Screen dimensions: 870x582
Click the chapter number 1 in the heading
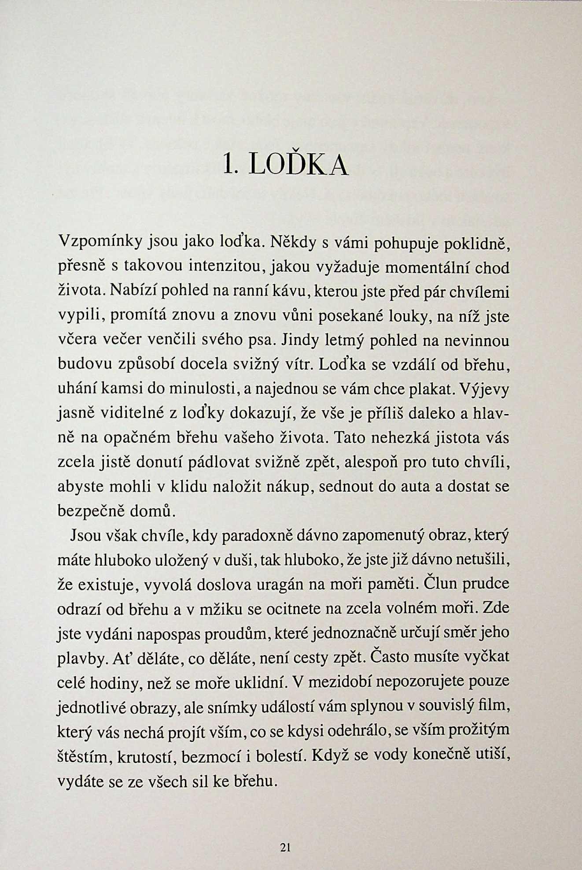click(x=228, y=165)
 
